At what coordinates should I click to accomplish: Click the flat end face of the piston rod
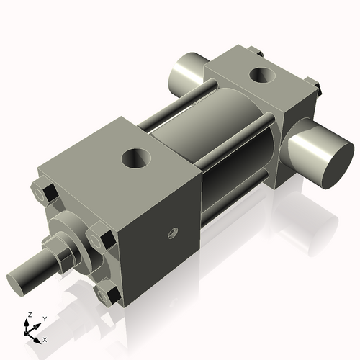[19, 279]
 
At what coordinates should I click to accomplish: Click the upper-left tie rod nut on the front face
[44, 193]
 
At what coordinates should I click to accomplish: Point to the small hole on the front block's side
[172, 232]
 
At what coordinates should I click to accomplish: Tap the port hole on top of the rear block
[259, 74]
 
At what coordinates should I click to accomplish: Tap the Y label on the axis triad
[44, 318]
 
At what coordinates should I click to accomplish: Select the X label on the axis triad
[45, 338]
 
